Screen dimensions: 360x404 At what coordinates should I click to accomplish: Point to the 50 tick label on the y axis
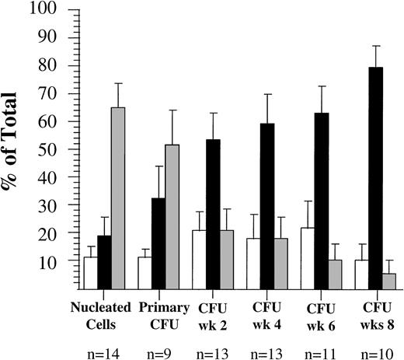[x=57, y=150]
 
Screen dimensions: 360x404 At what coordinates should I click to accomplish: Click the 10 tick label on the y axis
[x=57, y=263]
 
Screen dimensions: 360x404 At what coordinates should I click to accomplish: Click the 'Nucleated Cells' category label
[x=103, y=312]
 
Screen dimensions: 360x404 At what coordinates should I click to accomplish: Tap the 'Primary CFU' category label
[x=158, y=312]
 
